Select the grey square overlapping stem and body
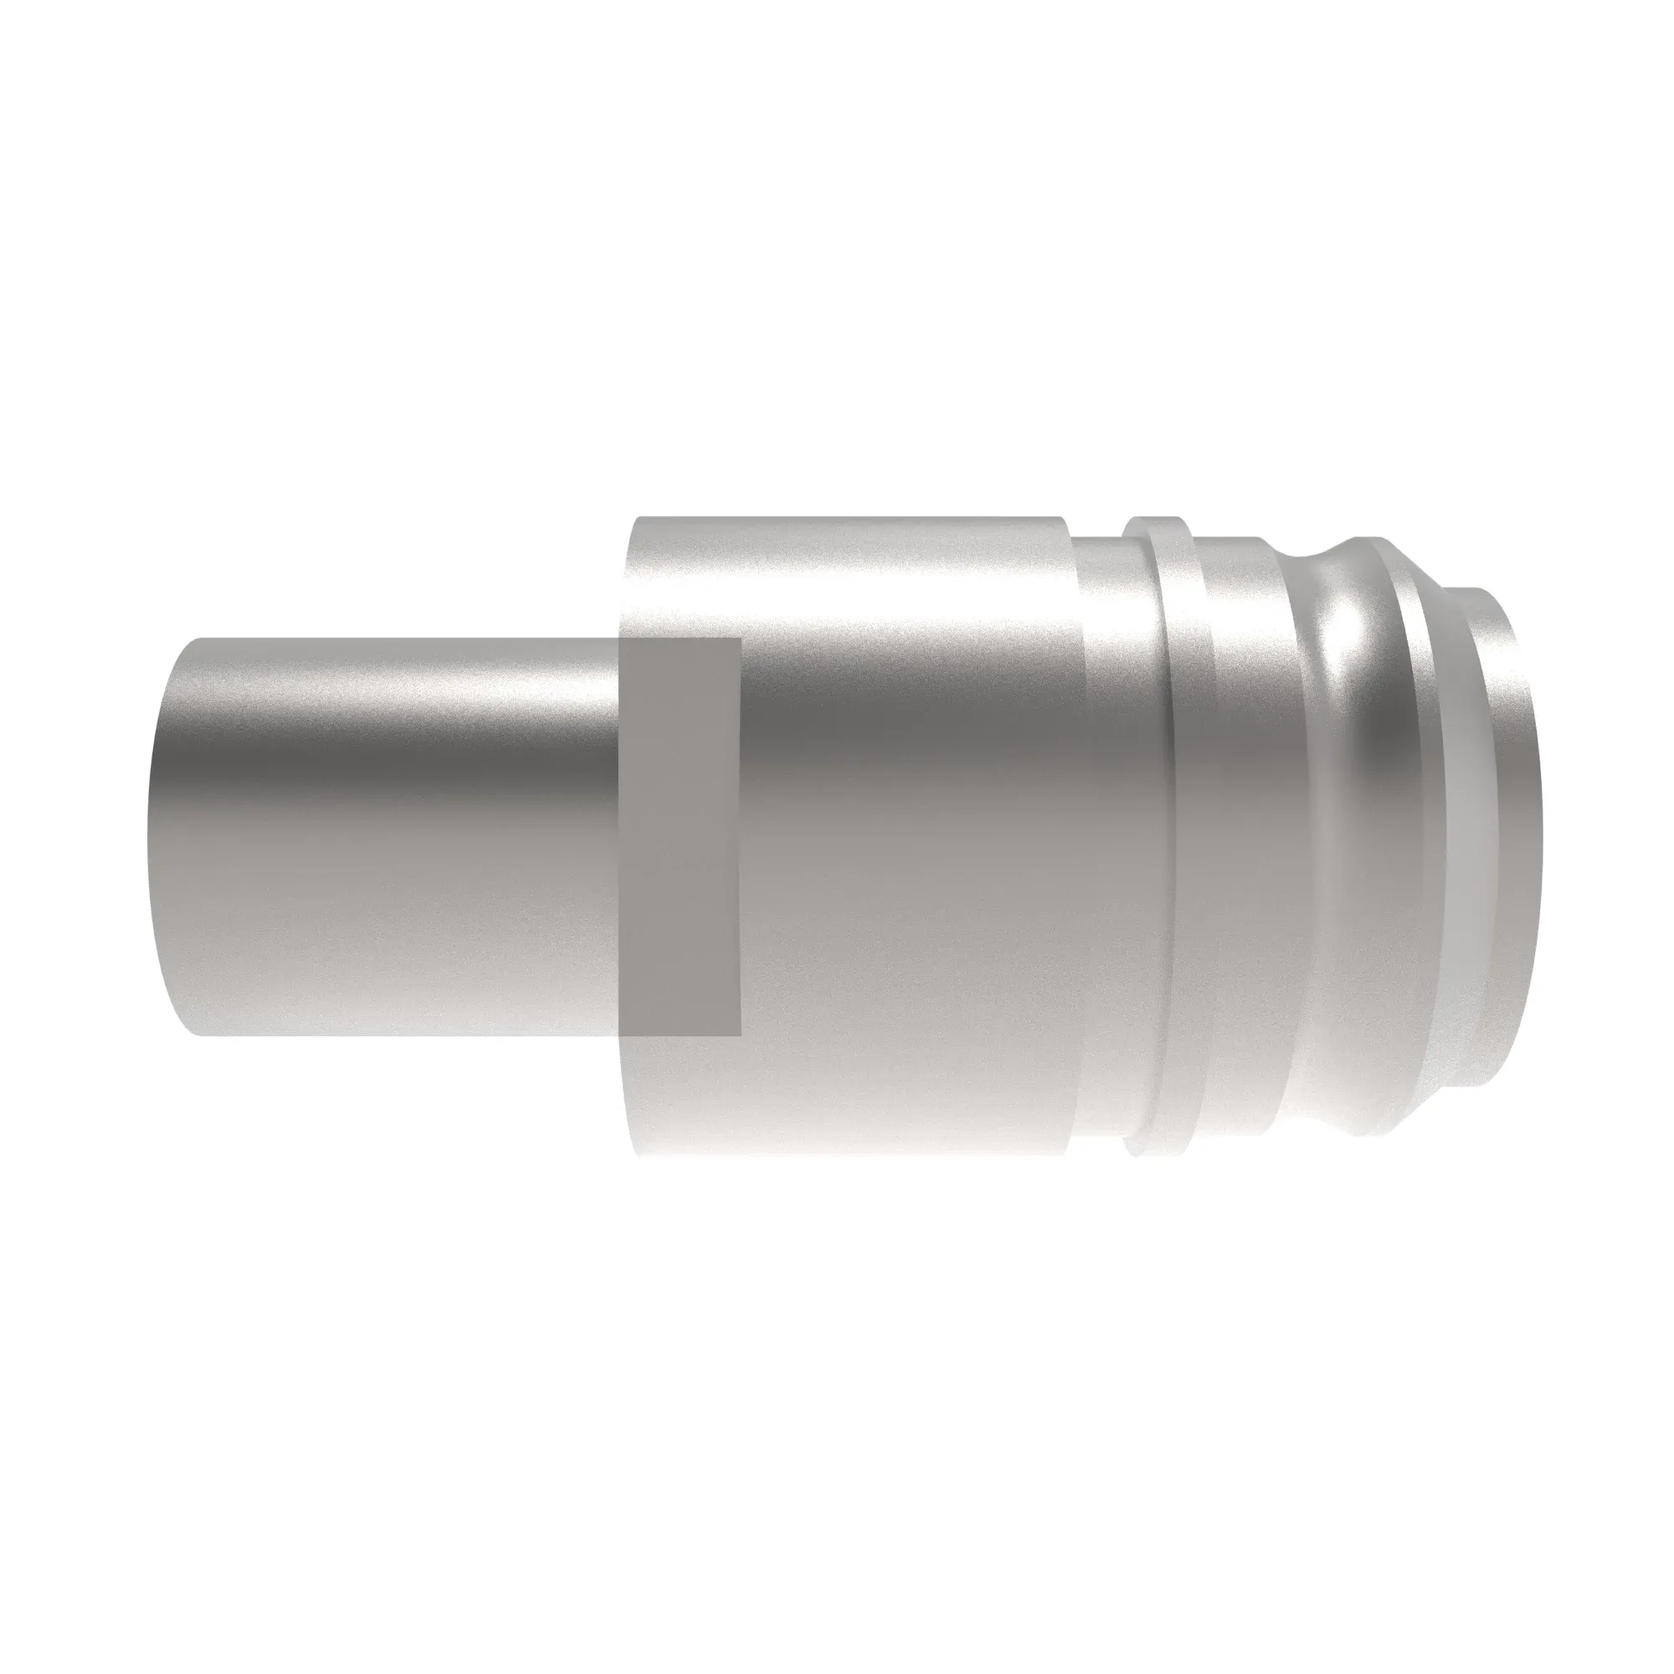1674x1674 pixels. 680,836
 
